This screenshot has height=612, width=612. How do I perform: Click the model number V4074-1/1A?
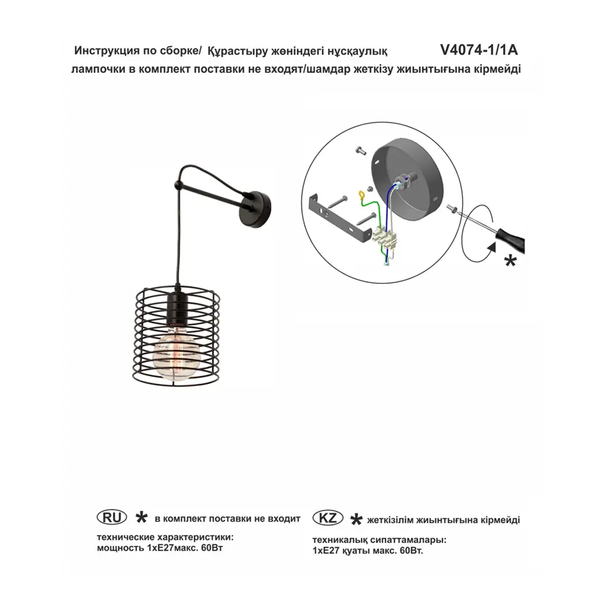coord(479,50)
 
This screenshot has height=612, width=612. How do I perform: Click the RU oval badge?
coord(111,518)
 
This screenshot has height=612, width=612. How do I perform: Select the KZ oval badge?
coord(328,518)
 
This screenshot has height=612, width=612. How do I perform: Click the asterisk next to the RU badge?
coord(141,518)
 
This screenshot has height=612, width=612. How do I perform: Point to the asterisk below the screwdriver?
coord(510,261)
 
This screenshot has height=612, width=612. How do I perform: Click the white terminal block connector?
coord(384,237)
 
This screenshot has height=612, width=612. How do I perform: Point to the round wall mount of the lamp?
coord(256,208)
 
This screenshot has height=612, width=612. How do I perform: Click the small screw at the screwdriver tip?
coord(452,209)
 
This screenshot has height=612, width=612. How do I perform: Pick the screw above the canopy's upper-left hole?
coord(360,150)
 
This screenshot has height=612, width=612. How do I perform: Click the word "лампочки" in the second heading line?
coord(96,70)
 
